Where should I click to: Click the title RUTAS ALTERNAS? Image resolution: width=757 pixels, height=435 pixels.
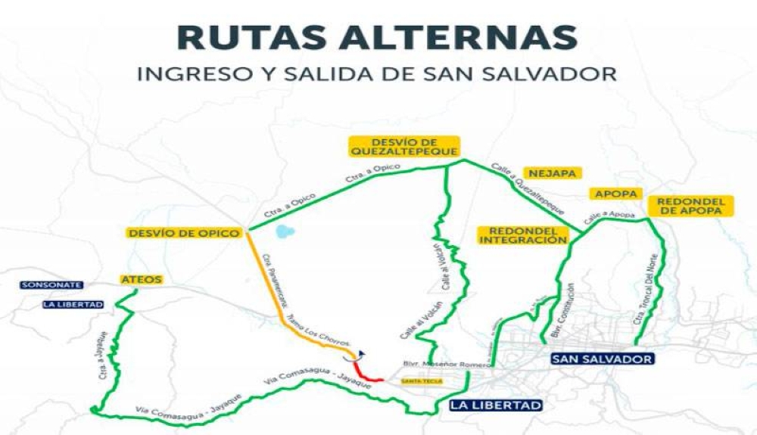click(376, 38)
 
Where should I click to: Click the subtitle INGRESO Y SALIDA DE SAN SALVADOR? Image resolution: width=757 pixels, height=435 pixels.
click(376, 76)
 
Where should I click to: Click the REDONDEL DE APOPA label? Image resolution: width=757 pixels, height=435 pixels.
click(691, 206)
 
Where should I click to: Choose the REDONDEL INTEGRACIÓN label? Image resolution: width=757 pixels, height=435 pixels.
click(522, 235)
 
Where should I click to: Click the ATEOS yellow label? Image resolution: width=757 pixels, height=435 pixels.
click(142, 280)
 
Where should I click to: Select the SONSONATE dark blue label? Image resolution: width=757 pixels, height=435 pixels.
click(51, 285)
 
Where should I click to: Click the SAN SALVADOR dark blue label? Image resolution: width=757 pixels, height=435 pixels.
click(602, 358)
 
